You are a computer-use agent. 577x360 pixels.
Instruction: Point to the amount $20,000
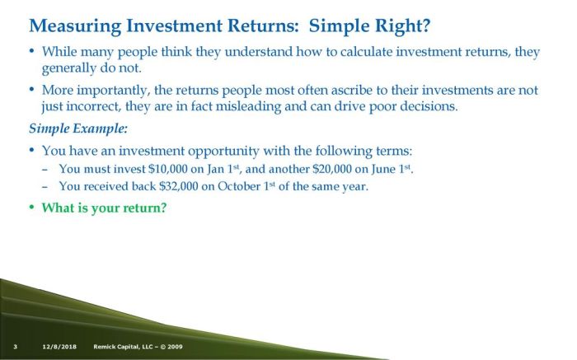(331, 170)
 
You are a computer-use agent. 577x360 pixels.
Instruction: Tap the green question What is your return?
(104, 208)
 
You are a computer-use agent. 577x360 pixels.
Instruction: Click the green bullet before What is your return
(32, 208)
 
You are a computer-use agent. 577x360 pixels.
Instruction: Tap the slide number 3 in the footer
(16, 346)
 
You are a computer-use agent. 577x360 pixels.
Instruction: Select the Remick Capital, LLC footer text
(138, 346)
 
